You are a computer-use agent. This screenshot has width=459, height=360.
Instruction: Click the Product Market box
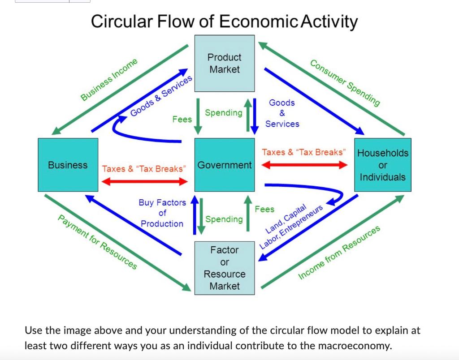click(x=225, y=63)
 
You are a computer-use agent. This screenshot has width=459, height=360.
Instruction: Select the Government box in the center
click(x=225, y=165)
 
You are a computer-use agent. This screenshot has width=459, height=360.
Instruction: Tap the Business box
click(x=68, y=165)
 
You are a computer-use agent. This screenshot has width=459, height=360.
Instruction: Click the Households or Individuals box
click(x=382, y=165)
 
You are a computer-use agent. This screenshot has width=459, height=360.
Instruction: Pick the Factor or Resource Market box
click(x=225, y=268)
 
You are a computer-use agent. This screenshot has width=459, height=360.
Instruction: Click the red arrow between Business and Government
click(x=144, y=181)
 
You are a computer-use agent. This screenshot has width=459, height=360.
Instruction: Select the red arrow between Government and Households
click(x=304, y=165)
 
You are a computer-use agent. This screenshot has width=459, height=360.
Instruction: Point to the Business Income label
click(x=109, y=80)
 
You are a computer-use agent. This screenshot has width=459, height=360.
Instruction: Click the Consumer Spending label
click(x=346, y=83)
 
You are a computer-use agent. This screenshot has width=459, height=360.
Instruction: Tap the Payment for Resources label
click(x=97, y=242)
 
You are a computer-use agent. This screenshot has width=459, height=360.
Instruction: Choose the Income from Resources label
click(x=339, y=253)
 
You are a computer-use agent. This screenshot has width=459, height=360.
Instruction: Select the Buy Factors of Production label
click(x=162, y=213)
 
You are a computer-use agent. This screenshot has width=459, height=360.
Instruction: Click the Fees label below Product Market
click(x=182, y=119)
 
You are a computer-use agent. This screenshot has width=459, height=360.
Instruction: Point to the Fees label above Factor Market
click(x=264, y=209)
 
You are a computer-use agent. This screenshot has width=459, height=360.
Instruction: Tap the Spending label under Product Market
click(x=223, y=113)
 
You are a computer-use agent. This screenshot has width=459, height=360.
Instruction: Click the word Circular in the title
click(x=119, y=21)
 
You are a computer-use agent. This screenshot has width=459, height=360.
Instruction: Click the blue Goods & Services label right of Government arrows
click(x=282, y=113)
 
